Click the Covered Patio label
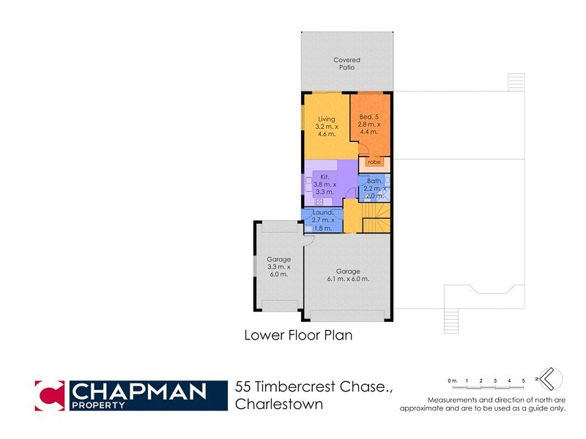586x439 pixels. pos(346,64)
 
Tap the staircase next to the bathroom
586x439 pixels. pos(378,217)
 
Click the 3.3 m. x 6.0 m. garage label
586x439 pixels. pos(278,266)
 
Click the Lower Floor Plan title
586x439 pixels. pos(298,336)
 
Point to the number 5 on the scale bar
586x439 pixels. pos(523,381)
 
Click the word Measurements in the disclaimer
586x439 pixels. pos(454,399)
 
